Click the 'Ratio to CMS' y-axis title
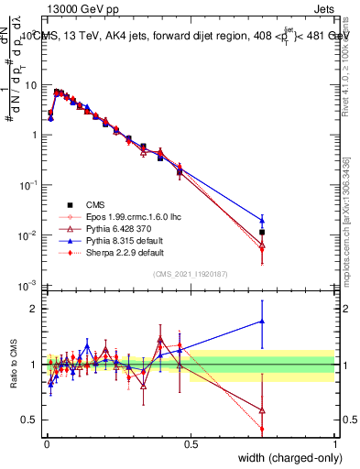point(12,364)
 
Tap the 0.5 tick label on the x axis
point(191,443)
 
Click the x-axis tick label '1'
point(335,443)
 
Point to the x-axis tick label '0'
point(46,443)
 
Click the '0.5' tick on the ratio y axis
point(31,420)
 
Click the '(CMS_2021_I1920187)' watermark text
point(191,274)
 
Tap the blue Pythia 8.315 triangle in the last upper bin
point(262,220)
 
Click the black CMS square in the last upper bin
point(262,233)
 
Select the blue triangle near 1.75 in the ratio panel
point(262,322)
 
